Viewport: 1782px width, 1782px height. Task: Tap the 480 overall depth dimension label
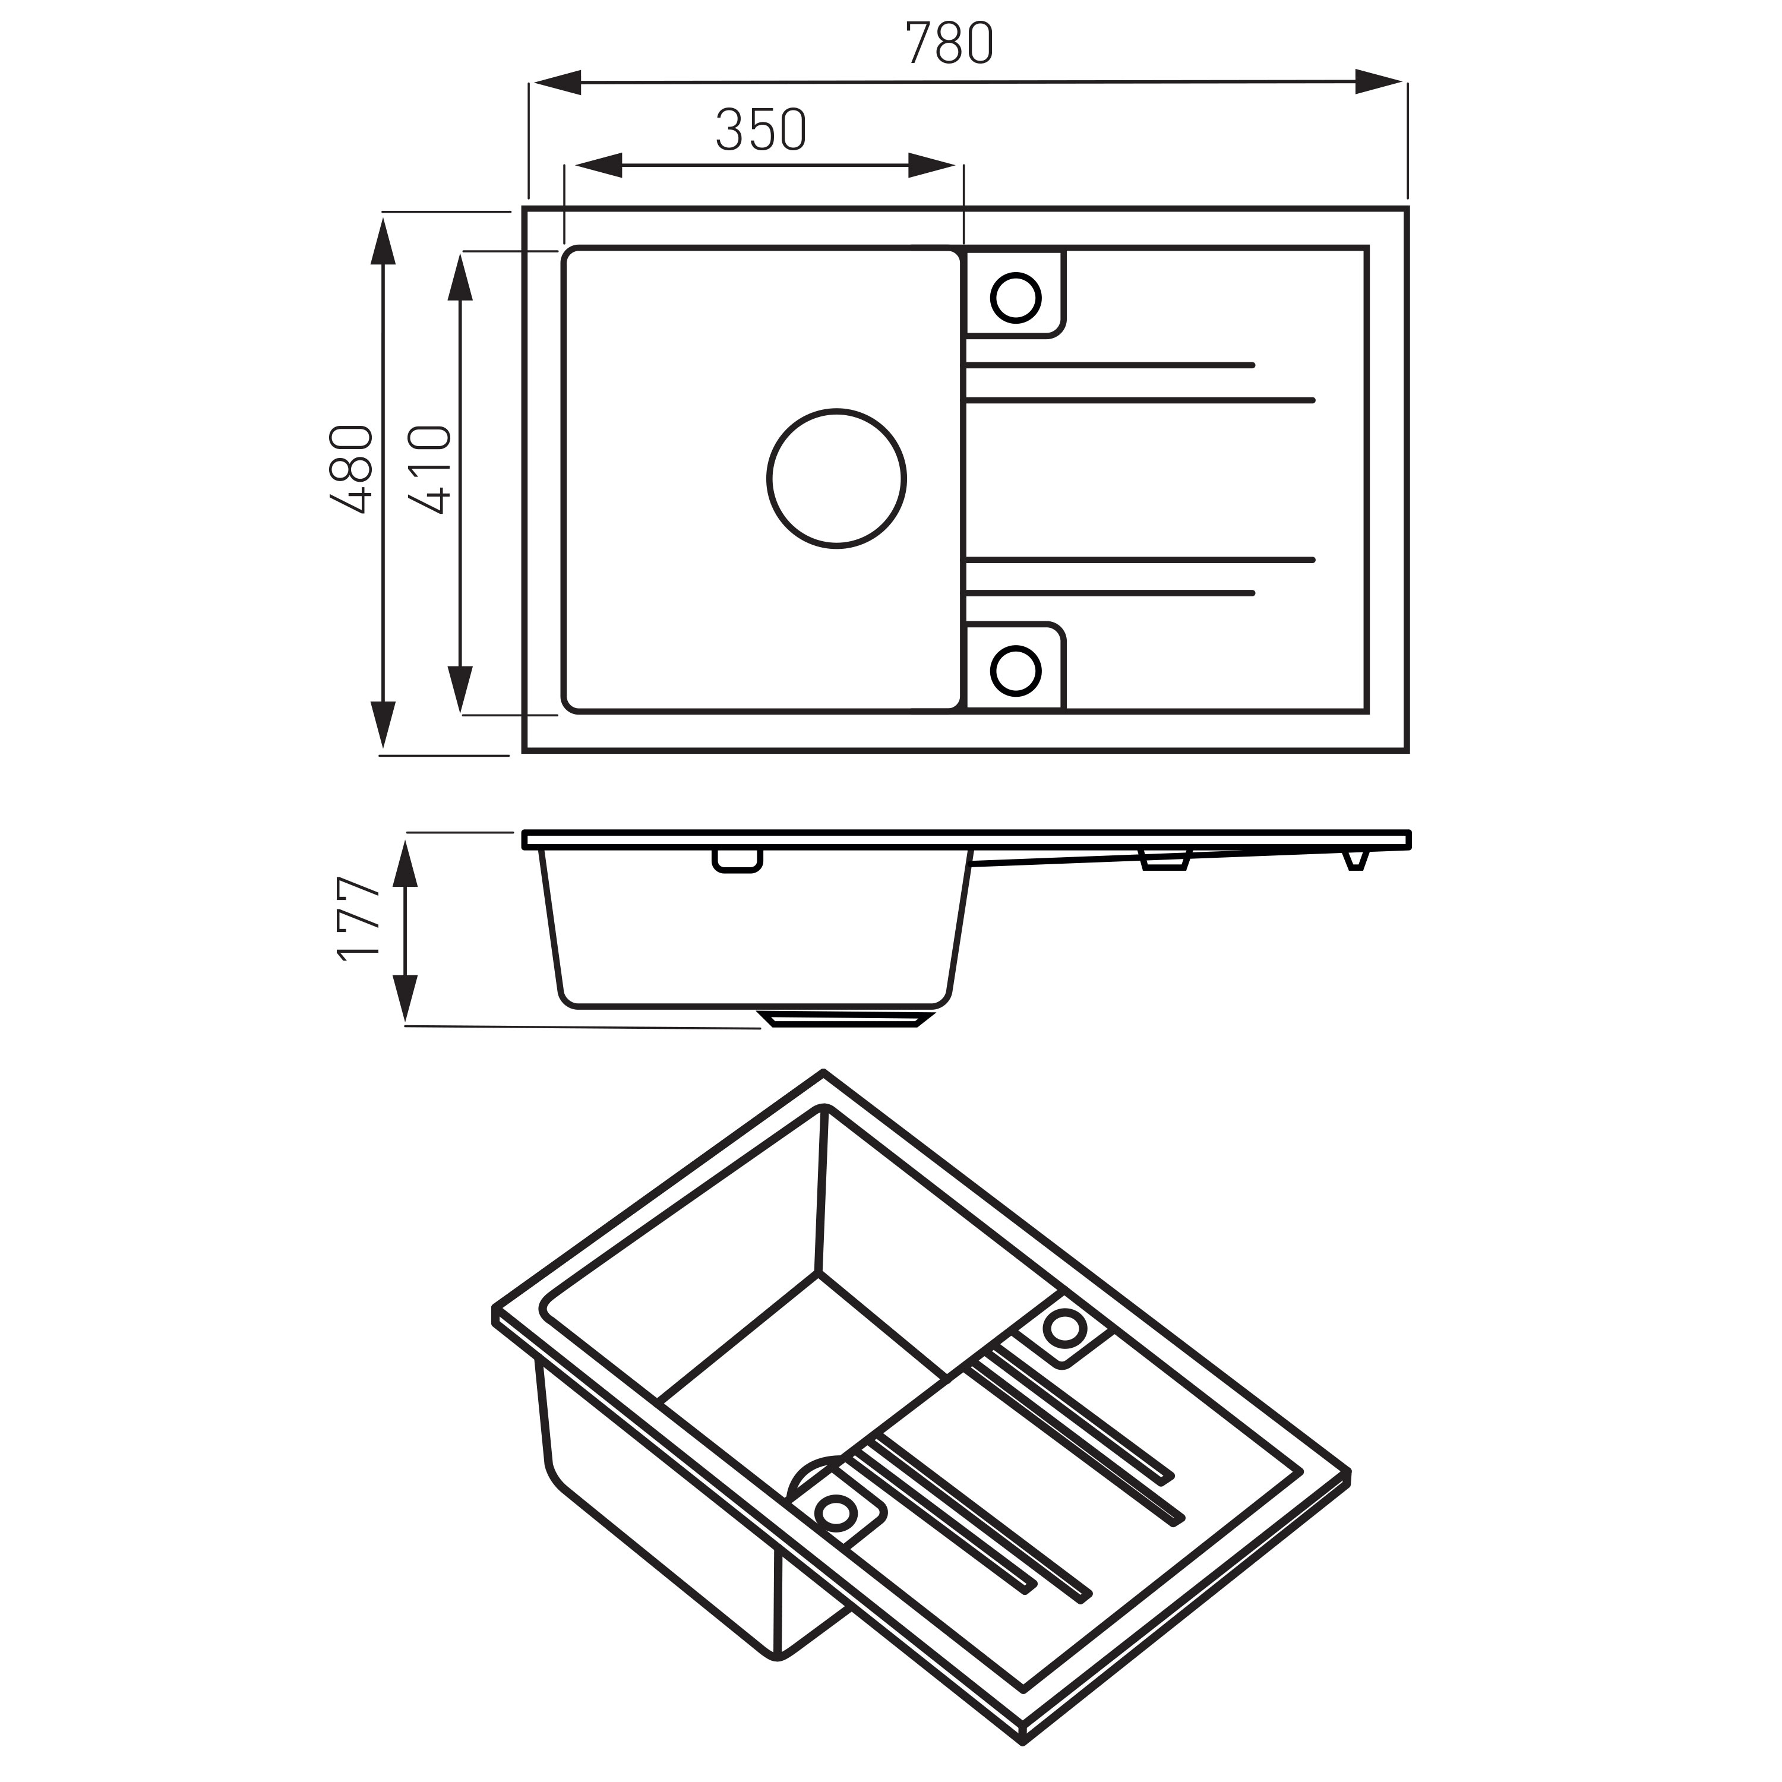(x=352, y=469)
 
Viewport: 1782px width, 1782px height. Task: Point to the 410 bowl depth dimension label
(x=431, y=469)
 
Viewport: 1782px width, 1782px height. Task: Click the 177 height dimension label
(x=359, y=920)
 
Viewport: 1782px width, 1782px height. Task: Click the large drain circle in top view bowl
(x=836, y=479)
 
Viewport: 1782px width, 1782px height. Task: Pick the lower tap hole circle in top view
(x=1016, y=671)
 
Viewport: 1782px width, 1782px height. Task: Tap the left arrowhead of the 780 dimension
(x=556, y=82)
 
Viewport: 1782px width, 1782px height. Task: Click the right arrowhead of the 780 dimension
(x=1380, y=81)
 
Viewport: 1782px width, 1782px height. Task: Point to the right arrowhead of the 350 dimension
(x=931, y=165)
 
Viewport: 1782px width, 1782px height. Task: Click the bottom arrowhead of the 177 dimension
(x=406, y=998)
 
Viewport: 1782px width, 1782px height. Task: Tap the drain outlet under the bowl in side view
(x=844, y=1018)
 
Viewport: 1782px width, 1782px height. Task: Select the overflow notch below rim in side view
(x=737, y=861)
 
